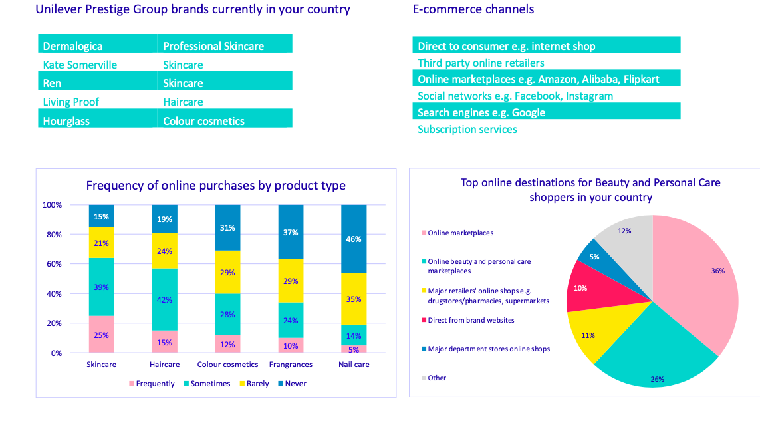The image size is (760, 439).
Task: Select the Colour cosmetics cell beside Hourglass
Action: [203, 121]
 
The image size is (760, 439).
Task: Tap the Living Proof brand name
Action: [71, 102]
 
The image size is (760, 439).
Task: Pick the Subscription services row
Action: [467, 129]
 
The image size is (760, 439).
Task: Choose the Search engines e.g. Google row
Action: [481, 112]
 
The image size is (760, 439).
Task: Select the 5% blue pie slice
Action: [588, 256]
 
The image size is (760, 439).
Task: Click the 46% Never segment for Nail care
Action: [354, 239]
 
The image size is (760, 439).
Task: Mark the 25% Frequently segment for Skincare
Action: [101, 335]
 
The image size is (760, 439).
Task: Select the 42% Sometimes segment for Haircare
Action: [164, 299]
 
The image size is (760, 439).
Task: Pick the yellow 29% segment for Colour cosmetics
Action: [227, 272]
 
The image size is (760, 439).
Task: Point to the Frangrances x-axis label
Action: [291, 365]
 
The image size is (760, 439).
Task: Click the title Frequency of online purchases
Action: [215, 186]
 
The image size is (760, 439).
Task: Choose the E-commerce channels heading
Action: [473, 9]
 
